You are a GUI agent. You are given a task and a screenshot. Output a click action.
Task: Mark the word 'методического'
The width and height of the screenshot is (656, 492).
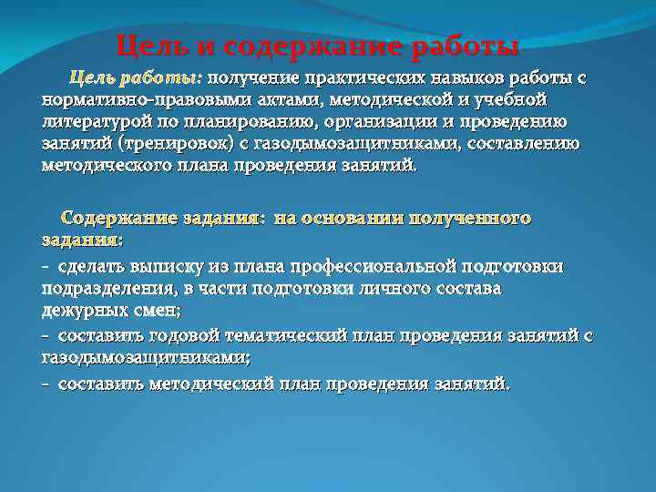click(100, 165)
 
